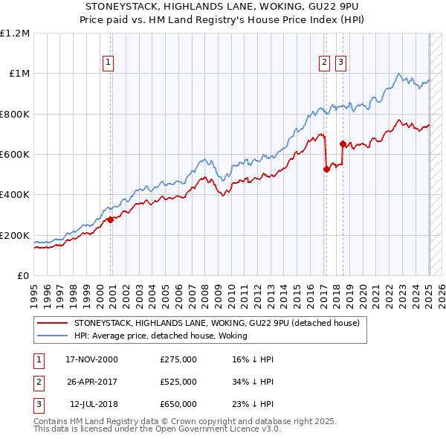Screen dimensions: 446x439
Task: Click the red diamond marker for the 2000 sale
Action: tap(110, 219)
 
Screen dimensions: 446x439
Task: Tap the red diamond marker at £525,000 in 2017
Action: tap(326, 169)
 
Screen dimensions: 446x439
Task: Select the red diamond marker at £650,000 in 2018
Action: tap(343, 144)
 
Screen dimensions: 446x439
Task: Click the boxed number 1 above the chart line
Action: tap(108, 63)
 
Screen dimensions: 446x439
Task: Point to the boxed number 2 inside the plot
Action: tap(324, 63)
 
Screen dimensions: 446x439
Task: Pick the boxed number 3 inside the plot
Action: tap(340, 63)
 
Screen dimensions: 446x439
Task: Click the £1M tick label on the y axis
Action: tap(19, 74)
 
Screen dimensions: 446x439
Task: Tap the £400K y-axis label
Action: tap(15, 195)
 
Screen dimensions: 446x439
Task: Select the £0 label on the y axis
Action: tap(23, 276)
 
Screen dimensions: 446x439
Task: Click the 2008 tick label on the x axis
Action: tap(205, 297)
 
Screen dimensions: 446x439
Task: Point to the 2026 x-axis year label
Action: tap(442, 297)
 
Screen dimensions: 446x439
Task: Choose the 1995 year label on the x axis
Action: tap(34, 297)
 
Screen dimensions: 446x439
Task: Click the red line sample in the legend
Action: tap(52, 323)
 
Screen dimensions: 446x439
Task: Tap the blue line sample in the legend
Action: tap(52, 336)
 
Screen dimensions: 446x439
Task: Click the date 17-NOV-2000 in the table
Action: tap(91, 359)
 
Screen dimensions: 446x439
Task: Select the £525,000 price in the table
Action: tap(178, 382)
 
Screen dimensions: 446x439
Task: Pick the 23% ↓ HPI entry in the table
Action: tap(253, 404)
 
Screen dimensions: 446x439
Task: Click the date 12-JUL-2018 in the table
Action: tap(94, 404)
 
